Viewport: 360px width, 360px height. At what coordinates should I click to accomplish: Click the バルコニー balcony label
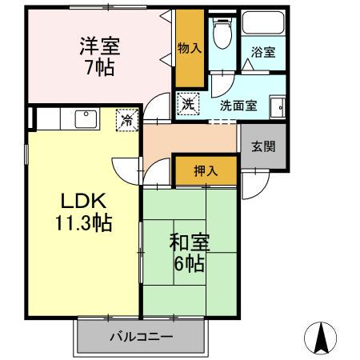(141, 337)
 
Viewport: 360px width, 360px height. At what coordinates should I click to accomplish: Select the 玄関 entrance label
(262, 146)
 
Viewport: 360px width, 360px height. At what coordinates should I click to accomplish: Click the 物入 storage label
(190, 48)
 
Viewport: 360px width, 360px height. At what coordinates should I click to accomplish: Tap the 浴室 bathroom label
(264, 53)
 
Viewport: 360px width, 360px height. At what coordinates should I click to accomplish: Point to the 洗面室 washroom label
(238, 104)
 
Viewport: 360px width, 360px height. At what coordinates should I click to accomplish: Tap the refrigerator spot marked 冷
(127, 122)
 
